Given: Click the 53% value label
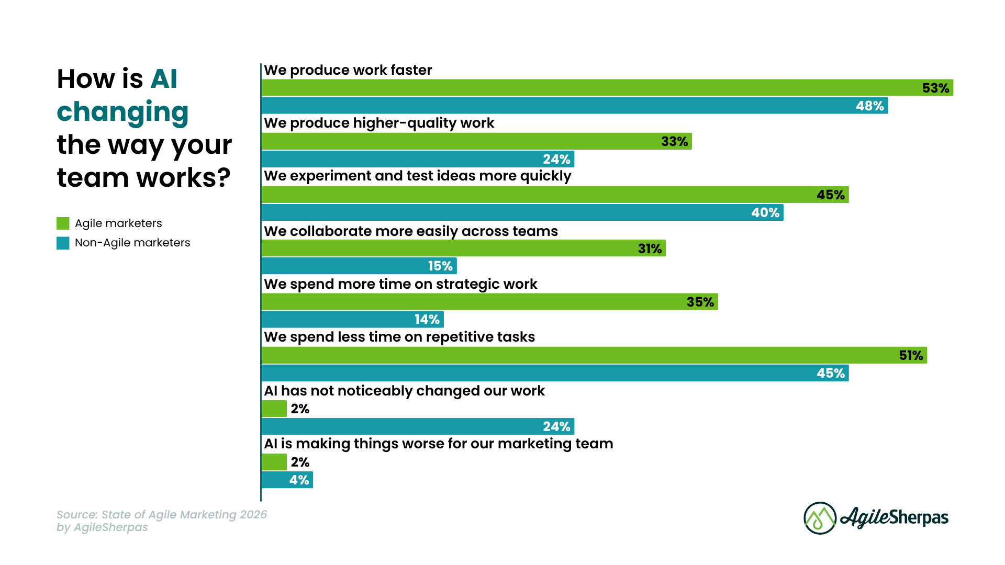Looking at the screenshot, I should coord(935,88).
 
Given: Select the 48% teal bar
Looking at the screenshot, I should coord(574,106).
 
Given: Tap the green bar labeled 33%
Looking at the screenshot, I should coord(476,141).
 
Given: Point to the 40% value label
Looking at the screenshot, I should coord(765,212).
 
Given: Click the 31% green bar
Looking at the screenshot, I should coord(463,248).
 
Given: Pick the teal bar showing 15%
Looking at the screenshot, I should coord(359,266).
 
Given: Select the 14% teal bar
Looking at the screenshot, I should coord(352,319).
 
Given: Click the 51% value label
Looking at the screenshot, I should coord(911,355).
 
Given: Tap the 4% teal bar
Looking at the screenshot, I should coord(287,480).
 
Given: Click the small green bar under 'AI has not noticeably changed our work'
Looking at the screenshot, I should coord(274,409).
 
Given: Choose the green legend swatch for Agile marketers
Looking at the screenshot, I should coord(63,223).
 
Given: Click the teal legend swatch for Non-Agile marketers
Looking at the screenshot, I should coord(63,243).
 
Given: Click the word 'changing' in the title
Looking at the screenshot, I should coord(122,112).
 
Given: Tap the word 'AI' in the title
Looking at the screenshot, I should coord(164,79).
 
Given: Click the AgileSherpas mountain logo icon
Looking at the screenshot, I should coord(820,518).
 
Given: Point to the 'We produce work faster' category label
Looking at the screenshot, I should coord(348,70).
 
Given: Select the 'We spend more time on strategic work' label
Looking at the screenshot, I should coord(400,284).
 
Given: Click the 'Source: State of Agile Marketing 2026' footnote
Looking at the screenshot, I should coord(162,515).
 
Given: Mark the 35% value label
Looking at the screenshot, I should coord(700,302).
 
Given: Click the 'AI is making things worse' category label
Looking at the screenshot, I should coord(438,444).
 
